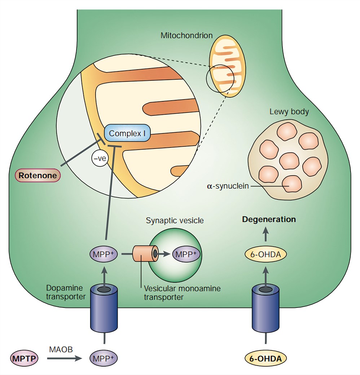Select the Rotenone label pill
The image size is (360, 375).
pyautogui.click(x=38, y=176)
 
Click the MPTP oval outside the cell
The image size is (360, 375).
pyautogui.click(x=24, y=358)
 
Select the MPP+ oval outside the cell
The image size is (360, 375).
pyautogui.click(x=104, y=358)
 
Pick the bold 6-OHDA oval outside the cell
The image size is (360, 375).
pyautogui.click(x=265, y=358)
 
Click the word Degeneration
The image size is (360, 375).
pyautogui.click(x=269, y=219)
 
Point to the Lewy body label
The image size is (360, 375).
pyautogui.click(x=289, y=112)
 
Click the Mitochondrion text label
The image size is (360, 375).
pyautogui.click(x=186, y=35)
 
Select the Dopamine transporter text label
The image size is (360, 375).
pyautogui.click(x=65, y=292)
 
